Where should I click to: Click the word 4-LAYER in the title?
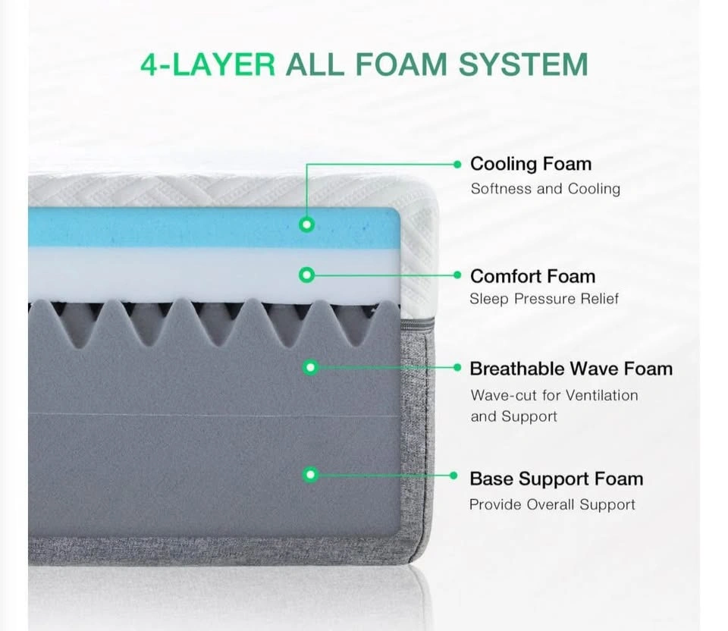[208, 64]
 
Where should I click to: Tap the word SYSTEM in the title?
[523, 64]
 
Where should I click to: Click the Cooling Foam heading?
[531, 164]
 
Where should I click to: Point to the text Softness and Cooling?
[545, 189]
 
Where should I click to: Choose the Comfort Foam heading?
[532, 276]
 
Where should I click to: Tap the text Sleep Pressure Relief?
[544, 299]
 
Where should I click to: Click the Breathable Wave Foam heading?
[571, 369]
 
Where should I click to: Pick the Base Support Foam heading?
[556, 479]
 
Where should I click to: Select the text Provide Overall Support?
[552, 504]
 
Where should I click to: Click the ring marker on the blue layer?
[306, 224]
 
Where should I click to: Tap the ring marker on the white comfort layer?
[306, 275]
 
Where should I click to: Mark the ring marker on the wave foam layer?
[311, 368]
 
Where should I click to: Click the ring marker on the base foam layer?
[311, 475]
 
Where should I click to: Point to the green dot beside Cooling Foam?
[457, 165]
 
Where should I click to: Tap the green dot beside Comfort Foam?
[457, 275]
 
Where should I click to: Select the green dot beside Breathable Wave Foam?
[457, 368]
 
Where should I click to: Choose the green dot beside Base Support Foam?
[453, 476]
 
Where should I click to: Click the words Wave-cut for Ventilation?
[554, 395]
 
